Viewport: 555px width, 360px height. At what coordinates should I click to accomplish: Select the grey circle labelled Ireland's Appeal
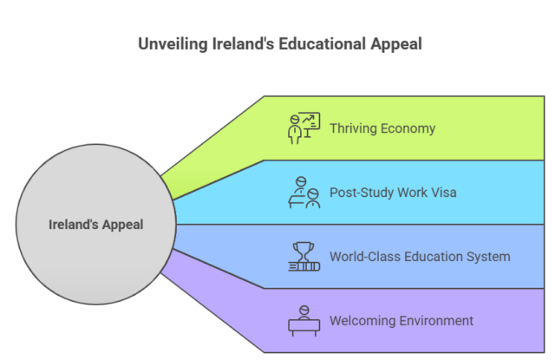(95, 225)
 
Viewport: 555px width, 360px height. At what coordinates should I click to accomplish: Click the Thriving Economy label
(382, 128)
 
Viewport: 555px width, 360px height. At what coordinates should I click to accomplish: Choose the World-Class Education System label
(419, 257)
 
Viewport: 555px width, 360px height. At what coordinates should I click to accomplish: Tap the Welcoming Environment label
(401, 321)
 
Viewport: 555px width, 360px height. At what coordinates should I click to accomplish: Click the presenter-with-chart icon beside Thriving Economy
(304, 128)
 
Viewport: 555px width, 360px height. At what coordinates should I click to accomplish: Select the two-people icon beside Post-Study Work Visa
(304, 192)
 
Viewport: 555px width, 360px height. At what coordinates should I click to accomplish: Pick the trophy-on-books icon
(304, 256)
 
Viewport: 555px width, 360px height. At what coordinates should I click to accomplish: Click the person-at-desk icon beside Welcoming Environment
(304, 320)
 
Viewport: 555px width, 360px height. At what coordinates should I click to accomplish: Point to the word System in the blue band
(489, 257)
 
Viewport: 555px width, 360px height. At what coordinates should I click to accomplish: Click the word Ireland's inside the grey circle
(72, 225)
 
